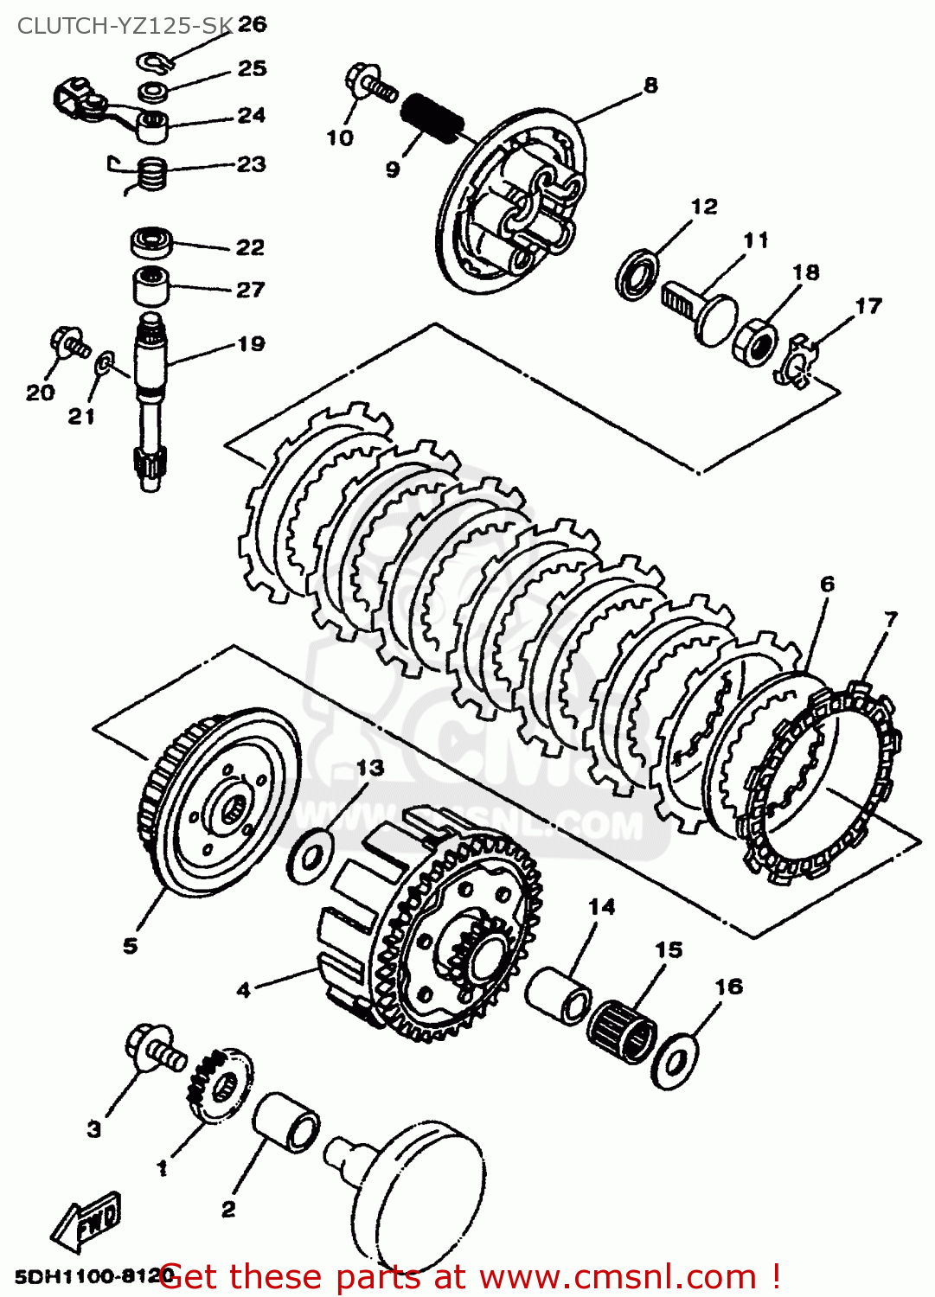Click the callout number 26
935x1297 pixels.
click(252, 24)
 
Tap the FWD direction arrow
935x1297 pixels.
click(87, 1221)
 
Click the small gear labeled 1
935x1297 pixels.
click(219, 1084)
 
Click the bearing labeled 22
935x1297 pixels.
click(152, 242)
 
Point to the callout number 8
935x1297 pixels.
click(650, 85)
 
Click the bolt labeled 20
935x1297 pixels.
click(68, 342)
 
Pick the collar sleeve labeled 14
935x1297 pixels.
click(559, 995)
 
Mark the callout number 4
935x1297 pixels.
click(244, 989)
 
